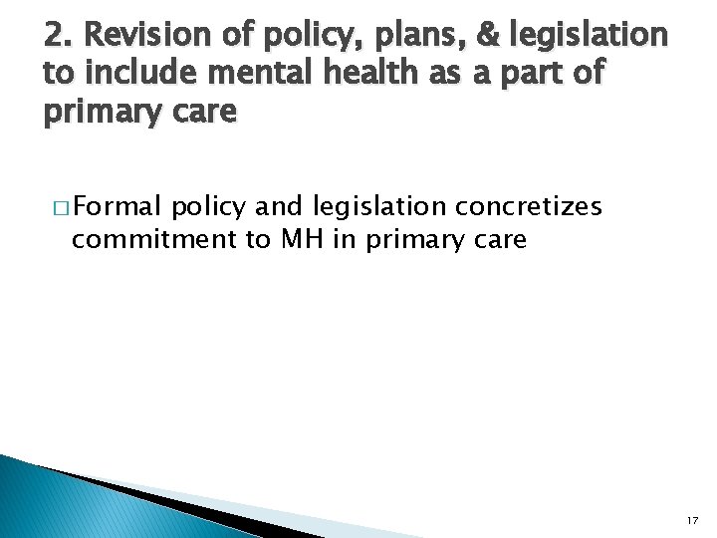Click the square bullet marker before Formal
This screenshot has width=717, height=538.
pos(62,207)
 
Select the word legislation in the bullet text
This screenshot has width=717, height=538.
pos(376,208)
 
